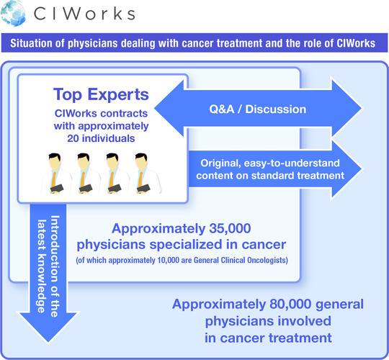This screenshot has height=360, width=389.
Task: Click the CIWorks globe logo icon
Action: coord(13,14)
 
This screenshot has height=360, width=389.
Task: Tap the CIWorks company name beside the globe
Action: coord(84,14)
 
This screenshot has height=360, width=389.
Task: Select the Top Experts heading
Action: coord(101,94)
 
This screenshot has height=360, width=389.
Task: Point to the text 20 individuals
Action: coord(101,138)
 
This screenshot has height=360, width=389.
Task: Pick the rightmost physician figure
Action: coord(146,173)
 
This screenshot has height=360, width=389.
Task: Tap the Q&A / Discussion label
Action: coord(257,109)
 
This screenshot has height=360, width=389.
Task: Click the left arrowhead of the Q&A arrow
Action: coord(169,108)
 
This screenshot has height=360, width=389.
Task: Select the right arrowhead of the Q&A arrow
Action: coord(346,108)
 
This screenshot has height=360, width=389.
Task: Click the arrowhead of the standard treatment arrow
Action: coord(346,169)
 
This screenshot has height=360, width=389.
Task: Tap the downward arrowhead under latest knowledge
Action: coord(48,327)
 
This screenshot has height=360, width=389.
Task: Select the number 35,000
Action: coord(230,228)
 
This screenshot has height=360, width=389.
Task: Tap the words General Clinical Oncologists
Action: coord(240,261)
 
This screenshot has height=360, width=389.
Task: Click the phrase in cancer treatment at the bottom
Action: coord(268,338)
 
